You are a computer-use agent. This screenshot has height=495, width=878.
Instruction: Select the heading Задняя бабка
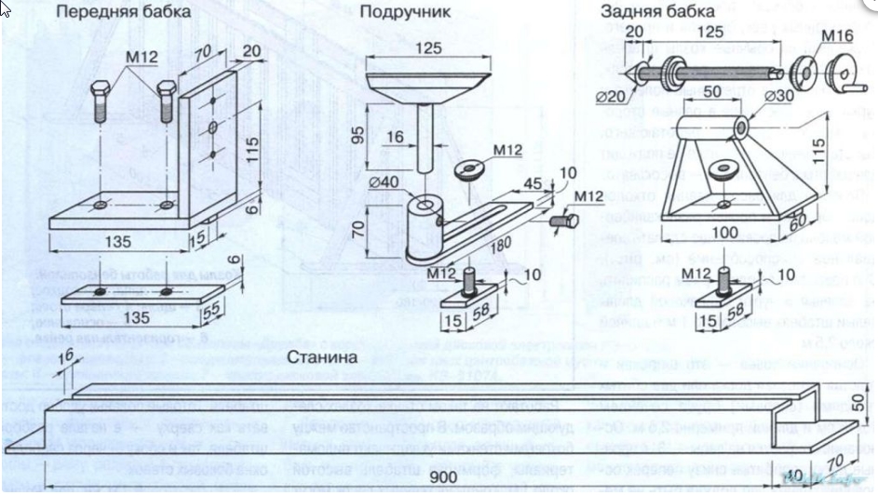pos(657,12)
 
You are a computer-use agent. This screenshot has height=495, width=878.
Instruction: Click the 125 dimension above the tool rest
pos(427,47)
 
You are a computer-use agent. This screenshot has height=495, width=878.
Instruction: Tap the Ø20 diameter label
pos(612,95)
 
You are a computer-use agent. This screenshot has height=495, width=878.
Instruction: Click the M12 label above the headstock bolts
pos(142,59)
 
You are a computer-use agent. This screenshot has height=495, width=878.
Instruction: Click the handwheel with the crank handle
pos(844,76)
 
